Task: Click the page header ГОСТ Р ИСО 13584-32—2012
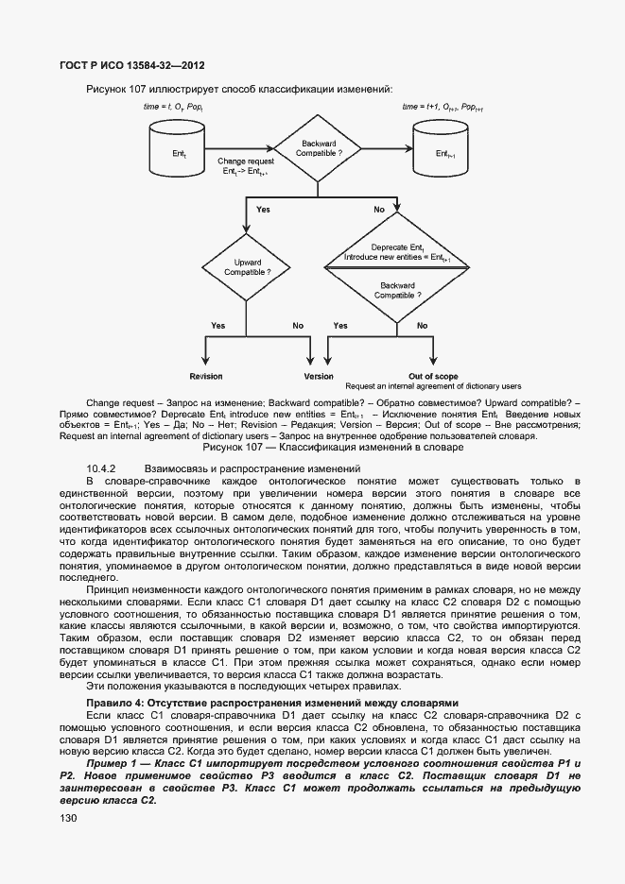tap(127, 65)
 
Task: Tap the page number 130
tap(69, 819)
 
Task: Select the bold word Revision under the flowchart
tap(205, 376)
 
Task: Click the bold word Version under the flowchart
tap(319, 376)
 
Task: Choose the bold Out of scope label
tap(433, 376)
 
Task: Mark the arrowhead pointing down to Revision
tap(205, 361)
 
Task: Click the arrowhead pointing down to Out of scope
tap(433, 361)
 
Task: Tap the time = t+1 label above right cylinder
tap(443, 108)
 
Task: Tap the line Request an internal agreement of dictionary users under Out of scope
tap(433, 386)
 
